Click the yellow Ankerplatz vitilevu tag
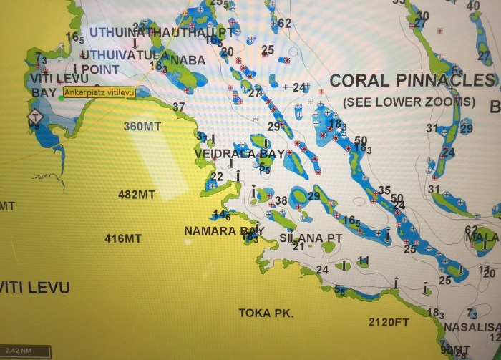pyautogui.click(x=99, y=92)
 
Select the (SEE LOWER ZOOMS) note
pyautogui.click(x=409, y=102)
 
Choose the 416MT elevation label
pyautogui.click(x=123, y=238)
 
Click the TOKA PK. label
pyautogui.click(x=266, y=313)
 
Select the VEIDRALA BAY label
pyautogui.click(x=240, y=153)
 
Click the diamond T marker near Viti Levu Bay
pyautogui.click(x=34, y=116)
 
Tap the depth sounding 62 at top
pyautogui.click(x=285, y=23)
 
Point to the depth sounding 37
pyautogui.click(x=178, y=107)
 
